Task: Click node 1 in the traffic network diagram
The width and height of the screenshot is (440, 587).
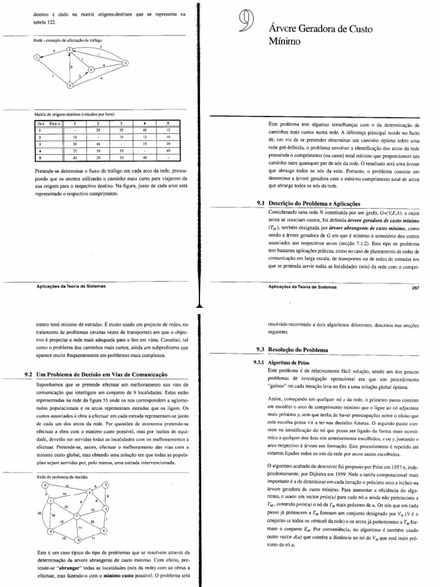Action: click(38, 57)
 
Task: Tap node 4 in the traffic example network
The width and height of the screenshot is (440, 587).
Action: click(90, 71)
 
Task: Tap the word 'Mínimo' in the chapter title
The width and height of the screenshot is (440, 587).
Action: click(281, 41)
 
